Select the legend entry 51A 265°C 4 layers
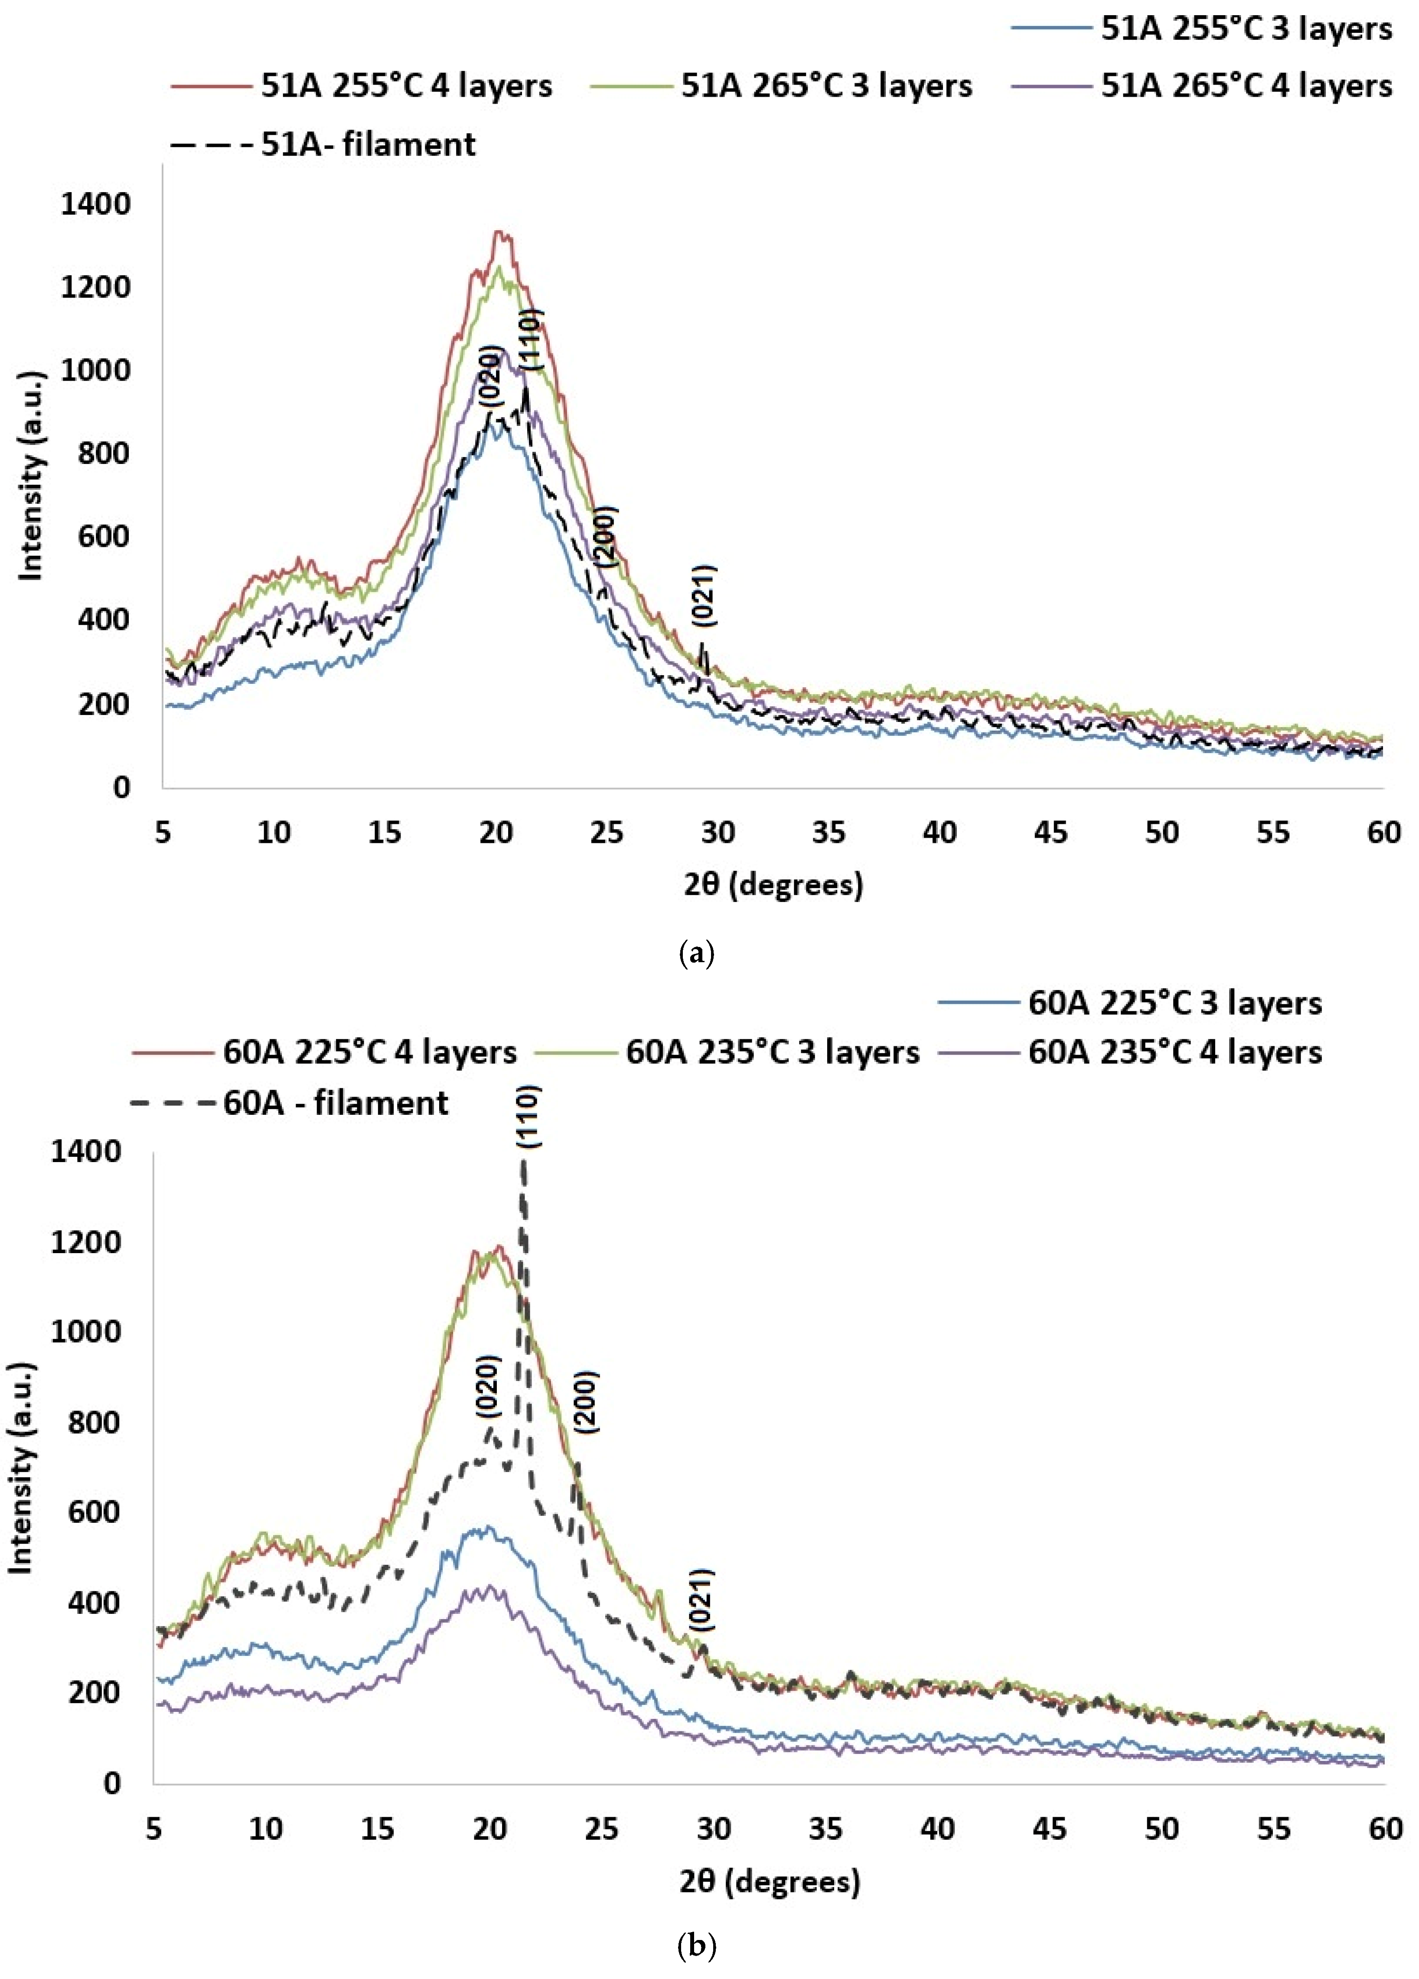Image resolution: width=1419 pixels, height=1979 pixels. click(1202, 85)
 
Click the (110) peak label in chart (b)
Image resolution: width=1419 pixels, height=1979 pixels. click(528, 1117)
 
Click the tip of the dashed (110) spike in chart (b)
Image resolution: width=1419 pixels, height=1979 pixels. click(523, 1160)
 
